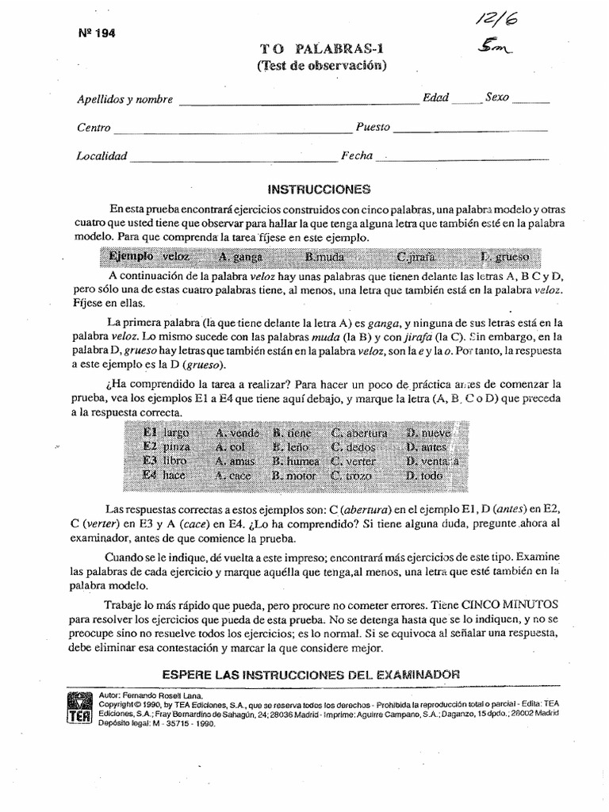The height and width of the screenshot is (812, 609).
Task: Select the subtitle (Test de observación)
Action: click(x=321, y=65)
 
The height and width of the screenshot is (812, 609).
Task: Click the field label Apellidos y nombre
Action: click(x=125, y=99)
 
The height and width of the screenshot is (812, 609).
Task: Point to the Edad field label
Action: click(x=435, y=98)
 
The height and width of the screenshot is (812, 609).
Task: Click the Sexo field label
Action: click(x=498, y=98)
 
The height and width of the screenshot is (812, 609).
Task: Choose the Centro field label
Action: click(x=94, y=128)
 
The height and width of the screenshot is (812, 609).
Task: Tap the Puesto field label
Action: click(x=373, y=126)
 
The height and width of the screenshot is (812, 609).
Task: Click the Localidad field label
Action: click(x=101, y=156)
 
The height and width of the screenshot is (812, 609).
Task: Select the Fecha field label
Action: click(x=357, y=155)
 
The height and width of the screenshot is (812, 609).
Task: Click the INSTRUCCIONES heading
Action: click(x=308, y=190)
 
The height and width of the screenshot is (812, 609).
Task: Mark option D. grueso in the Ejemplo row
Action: click(x=504, y=257)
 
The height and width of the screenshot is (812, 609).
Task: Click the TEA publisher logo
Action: click(x=77, y=705)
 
